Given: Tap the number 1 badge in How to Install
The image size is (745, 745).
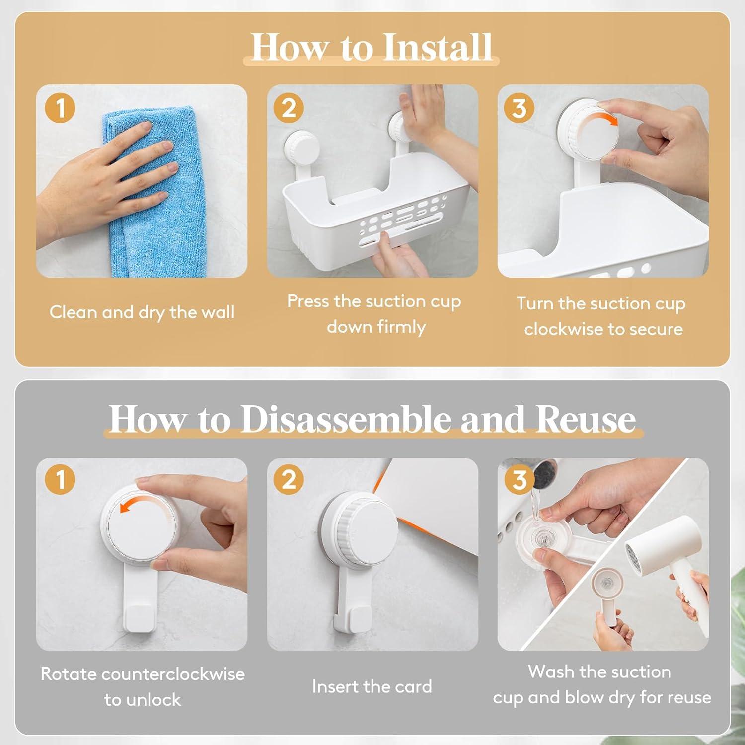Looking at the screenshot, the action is [60, 108].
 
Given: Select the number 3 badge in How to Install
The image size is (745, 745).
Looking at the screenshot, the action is [519, 108].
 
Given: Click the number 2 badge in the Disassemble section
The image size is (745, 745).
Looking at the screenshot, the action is [289, 480].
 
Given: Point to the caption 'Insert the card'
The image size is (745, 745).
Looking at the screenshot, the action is [372, 686].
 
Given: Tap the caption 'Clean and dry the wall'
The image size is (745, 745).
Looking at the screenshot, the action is [142, 313].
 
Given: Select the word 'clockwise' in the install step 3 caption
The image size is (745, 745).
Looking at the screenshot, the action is [563, 329].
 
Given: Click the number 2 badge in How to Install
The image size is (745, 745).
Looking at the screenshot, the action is [289, 108].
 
